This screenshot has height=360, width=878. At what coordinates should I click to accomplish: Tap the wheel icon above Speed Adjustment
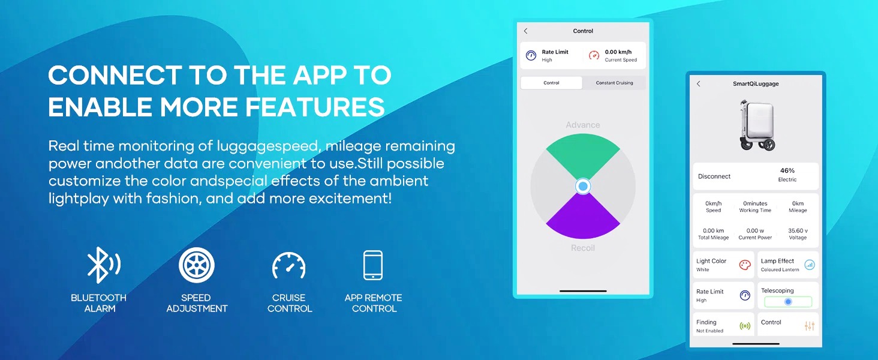[196, 265]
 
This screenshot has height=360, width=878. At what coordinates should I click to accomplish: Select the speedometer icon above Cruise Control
[289, 265]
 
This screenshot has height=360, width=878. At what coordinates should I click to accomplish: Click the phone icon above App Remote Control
[373, 265]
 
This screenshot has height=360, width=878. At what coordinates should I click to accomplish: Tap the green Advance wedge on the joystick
[583, 153]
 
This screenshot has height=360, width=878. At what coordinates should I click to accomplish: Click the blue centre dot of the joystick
[583, 186]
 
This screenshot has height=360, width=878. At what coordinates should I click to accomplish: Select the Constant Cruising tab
[614, 83]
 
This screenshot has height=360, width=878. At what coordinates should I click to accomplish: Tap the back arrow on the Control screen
[525, 31]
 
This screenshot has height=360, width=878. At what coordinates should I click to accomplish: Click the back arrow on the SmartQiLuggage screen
[698, 83]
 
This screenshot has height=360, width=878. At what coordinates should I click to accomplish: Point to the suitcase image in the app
[756, 125]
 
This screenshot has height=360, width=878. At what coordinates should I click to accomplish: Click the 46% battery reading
[787, 170]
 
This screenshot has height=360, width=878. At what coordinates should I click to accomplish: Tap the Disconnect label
[714, 176]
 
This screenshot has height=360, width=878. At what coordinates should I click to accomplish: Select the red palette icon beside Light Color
[745, 265]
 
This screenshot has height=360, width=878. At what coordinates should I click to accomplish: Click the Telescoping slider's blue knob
[788, 302]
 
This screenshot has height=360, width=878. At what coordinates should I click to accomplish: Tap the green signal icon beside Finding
[745, 326]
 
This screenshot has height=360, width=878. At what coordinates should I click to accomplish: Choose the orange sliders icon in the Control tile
[810, 326]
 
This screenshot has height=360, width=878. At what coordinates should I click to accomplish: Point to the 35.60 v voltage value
[798, 230]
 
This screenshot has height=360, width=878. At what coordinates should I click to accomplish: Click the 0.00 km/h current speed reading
[618, 52]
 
